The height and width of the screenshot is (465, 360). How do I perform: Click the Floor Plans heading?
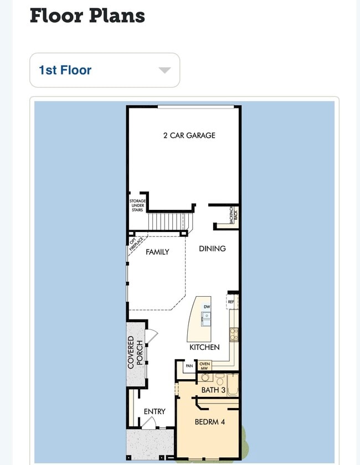87,15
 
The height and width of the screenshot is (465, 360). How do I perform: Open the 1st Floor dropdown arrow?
164,70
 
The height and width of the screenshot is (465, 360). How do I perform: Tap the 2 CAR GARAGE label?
189,135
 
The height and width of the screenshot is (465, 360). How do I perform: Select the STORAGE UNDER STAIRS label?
137,205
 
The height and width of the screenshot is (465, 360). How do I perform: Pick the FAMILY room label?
157,252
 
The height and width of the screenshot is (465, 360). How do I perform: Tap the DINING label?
212,249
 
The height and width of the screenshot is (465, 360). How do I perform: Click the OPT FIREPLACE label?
136,244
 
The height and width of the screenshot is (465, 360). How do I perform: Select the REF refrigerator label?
231,302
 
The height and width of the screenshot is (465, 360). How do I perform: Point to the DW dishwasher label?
207,307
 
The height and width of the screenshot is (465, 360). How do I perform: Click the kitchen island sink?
206,319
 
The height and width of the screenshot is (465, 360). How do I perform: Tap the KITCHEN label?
204,347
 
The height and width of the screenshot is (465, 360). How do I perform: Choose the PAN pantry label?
189,366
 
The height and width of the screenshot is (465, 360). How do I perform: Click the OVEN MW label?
204,366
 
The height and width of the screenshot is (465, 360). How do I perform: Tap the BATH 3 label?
213,390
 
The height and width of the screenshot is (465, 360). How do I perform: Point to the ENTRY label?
155,411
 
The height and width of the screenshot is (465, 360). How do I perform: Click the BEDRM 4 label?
210,422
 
